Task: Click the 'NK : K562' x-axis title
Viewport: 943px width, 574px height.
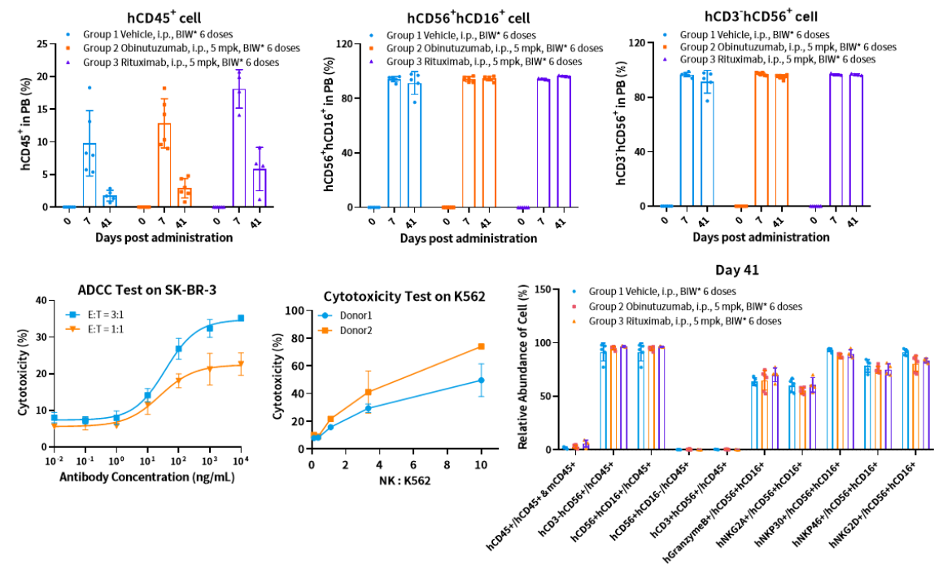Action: click(x=396, y=481)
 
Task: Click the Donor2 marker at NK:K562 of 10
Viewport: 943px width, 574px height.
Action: click(x=480, y=346)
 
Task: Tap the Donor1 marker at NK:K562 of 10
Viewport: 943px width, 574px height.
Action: click(x=480, y=380)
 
